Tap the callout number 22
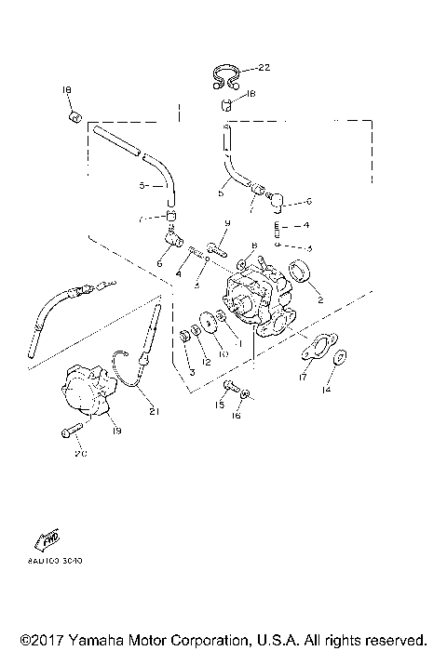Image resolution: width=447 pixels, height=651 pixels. [x=264, y=67]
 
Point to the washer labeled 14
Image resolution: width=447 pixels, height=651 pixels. [x=342, y=356]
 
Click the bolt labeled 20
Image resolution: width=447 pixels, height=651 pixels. [x=71, y=431]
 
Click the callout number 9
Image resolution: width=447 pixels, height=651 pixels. [x=226, y=224]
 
